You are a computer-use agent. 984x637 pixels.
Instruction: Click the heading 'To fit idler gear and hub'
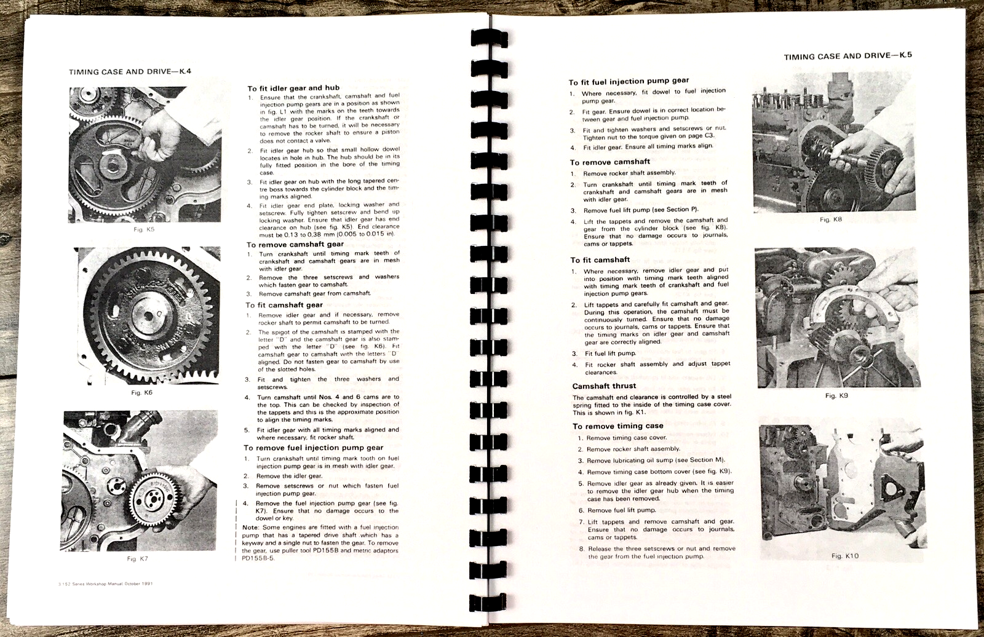[x=293, y=88]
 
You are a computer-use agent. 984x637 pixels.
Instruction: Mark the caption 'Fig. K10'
[x=844, y=556]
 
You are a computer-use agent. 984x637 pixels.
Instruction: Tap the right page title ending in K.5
[x=847, y=56]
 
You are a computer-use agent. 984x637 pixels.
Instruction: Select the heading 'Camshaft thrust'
[x=604, y=386]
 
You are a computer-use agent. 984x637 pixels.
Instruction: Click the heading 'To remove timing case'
[x=618, y=425]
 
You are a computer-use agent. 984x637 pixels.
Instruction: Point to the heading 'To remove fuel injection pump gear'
[x=313, y=448]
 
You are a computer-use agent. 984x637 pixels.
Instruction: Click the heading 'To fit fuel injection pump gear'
[x=629, y=81]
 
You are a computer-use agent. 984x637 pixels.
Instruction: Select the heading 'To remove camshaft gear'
[x=295, y=244]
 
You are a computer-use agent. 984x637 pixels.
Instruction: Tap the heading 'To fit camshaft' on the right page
[x=600, y=259]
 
